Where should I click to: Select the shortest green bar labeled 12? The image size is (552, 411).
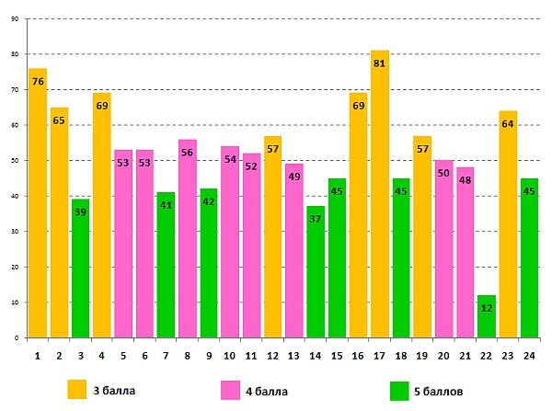coord(487,316)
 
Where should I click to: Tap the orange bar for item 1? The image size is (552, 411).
coord(38,202)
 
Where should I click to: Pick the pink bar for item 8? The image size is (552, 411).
coord(188,238)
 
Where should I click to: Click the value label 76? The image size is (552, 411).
coord(38,82)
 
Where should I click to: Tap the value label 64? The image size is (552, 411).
coord(508,124)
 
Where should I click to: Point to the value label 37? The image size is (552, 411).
coord(316,219)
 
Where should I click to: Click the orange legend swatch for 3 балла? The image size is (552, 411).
coord(77,390)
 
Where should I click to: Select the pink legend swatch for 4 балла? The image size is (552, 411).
coord(230,390)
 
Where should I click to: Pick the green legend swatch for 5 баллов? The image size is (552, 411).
coord(399,390)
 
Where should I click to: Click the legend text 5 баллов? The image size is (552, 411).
coord(442,391)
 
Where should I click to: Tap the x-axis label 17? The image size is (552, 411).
coord(380,354)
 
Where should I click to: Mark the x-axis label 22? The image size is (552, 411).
coord(487,354)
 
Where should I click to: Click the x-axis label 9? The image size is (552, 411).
coord(209,354)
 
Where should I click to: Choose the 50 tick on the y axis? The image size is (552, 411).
coord(15,161)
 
